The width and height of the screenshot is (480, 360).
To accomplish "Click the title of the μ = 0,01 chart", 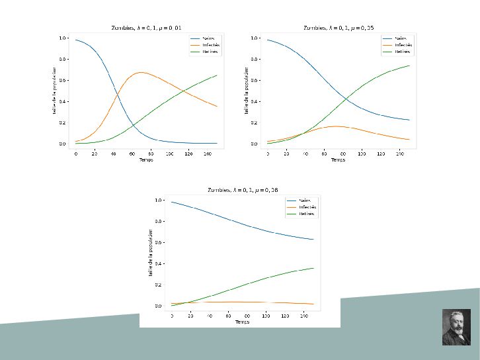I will pos(146,28).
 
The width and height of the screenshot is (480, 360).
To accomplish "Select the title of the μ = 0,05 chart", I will pos(338,28).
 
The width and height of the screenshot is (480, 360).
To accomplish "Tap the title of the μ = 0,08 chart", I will pos(242,190).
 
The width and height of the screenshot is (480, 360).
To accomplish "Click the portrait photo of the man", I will pos(456,327).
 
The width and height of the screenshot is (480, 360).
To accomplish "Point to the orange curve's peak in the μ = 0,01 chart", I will pos(141,72).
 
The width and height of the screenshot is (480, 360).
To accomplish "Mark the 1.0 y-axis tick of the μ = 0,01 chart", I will pos(63,38).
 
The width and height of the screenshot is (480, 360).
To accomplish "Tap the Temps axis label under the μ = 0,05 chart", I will pos(338,160).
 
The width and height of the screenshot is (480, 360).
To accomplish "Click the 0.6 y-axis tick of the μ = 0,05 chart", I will pos(255,80).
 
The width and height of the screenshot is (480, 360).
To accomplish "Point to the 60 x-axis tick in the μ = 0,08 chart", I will pos(228,316).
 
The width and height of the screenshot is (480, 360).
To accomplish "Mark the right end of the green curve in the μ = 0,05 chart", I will pos(409,66).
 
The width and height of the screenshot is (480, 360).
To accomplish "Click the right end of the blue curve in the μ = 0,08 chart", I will pos(313,240).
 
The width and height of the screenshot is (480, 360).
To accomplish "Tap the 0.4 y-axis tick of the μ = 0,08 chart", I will pos(159,263).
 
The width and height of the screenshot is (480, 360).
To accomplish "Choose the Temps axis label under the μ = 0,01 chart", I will pos(146,160).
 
